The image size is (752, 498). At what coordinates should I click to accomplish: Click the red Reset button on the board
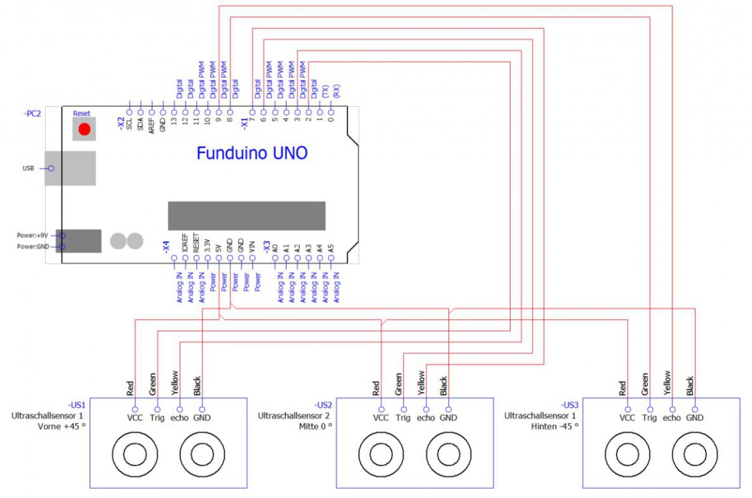(84, 129)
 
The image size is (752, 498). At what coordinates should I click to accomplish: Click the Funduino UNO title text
(252, 153)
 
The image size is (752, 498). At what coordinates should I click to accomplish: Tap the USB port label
(28, 169)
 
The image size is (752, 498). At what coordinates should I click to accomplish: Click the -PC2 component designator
(32, 114)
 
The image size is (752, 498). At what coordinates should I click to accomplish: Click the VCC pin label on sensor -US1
(135, 418)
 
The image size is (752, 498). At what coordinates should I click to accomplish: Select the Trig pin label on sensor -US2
(403, 418)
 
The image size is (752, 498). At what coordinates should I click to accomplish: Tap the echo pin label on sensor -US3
(672, 418)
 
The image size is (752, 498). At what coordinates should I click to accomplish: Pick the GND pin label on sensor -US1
(202, 418)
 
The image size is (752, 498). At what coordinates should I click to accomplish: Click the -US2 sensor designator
(323, 404)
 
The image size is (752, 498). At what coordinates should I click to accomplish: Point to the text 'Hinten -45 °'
(556, 426)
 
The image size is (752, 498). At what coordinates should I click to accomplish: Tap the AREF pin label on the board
(152, 125)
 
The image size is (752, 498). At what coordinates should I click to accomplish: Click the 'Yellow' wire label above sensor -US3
(667, 383)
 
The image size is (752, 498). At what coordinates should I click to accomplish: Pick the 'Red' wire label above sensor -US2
(376, 388)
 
